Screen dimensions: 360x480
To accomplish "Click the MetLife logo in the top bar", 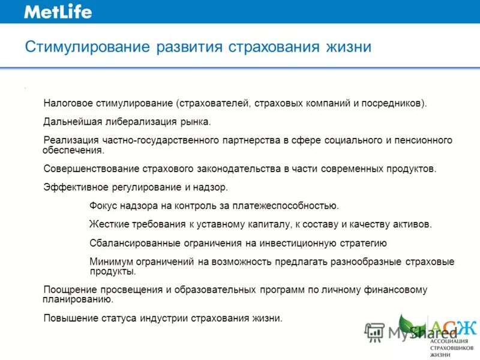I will (x=58, y=11).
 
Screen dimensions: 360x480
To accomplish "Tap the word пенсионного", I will (x=423, y=140).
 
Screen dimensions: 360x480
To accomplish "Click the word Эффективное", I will (x=71, y=188).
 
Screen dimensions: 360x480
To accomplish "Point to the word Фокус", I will (x=103, y=206).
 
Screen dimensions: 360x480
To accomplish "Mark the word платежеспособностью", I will (x=287, y=206).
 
